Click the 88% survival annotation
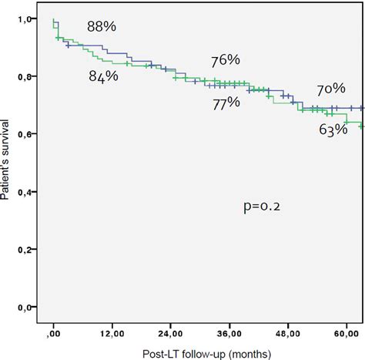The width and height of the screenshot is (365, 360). [102, 26]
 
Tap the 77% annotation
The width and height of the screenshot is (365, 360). [226, 103]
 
